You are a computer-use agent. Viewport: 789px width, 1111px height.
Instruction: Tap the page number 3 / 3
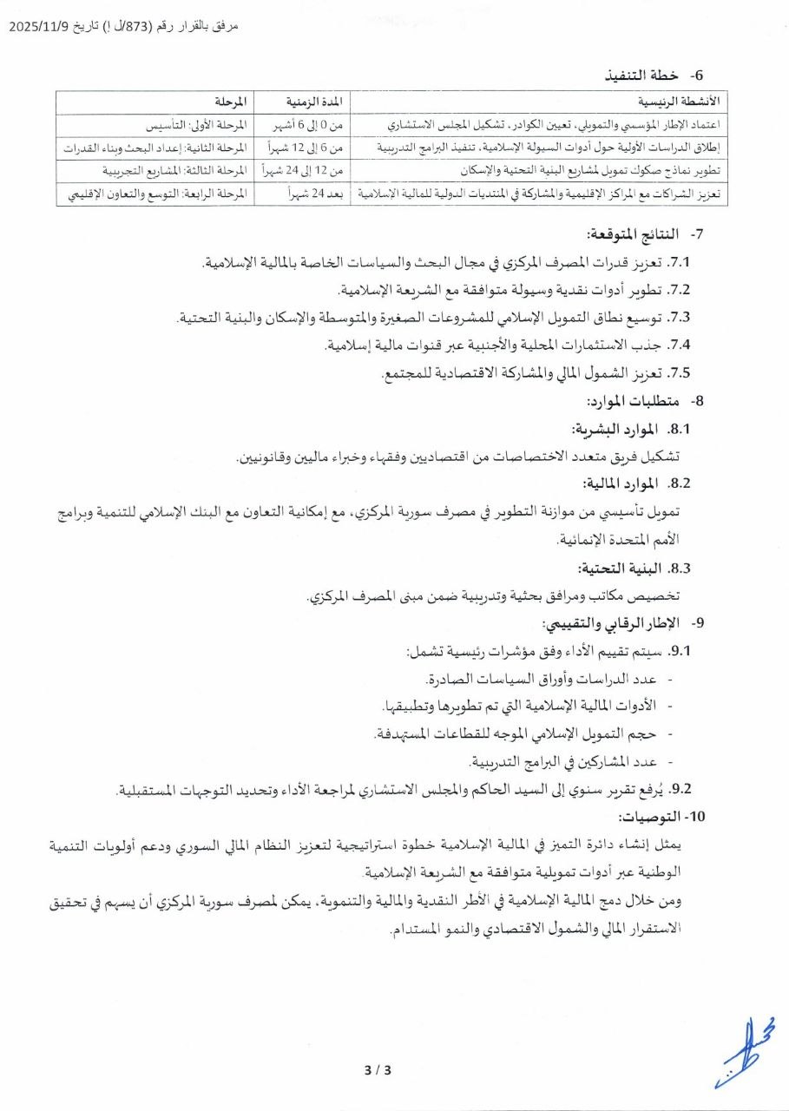click(x=378, y=1069)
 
